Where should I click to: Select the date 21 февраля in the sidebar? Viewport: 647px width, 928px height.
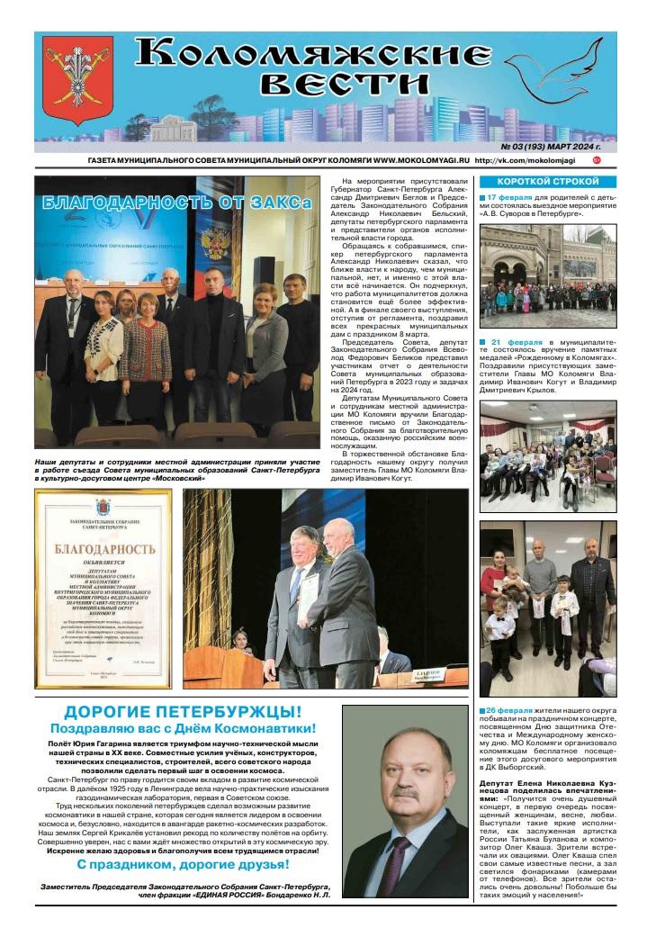pyautogui.click(x=516, y=344)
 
